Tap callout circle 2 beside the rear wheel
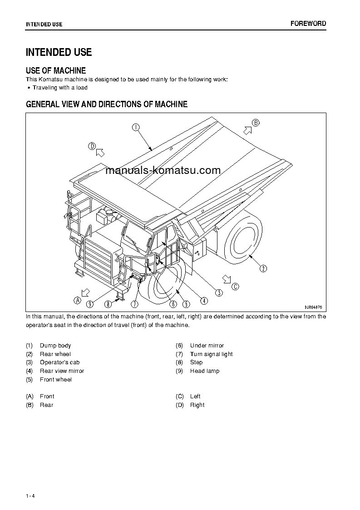[263, 268]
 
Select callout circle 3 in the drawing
[219, 293]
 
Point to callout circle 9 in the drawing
[91, 304]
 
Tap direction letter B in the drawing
[256, 123]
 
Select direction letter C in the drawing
[235, 286]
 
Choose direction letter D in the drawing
[92, 146]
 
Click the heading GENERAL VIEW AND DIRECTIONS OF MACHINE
[107, 104]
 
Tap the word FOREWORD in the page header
[308, 24]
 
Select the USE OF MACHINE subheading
[56, 70]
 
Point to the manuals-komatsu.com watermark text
[163, 171]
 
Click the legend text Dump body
[55, 346]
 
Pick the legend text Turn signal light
[211, 354]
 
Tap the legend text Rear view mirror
[62, 371]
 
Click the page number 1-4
[30, 483]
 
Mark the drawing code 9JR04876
[313, 307]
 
